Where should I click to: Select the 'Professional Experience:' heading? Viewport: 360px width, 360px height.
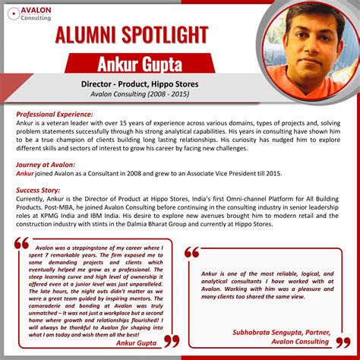tap(55, 114)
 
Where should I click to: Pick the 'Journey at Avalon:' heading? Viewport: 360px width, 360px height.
tap(46, 164)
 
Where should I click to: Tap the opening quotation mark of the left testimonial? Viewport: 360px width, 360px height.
tap(22, 244)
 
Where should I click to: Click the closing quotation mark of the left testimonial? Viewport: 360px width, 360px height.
tap(171, 340)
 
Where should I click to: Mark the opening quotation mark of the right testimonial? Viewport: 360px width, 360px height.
tap(192, 253)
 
